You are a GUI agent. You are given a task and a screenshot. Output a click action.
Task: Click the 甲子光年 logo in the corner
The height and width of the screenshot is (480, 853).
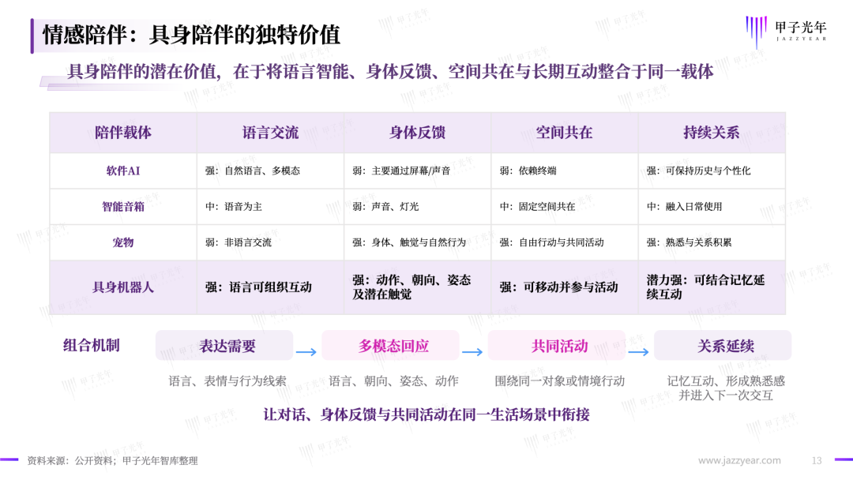pos(786,32)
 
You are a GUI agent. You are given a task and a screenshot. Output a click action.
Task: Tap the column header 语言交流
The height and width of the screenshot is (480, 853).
pos(270,133)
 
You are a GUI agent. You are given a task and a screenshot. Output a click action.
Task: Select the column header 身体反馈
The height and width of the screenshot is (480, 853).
pos(417,133)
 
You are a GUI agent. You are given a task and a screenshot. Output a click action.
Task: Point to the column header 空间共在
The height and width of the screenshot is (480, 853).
pos(564,133)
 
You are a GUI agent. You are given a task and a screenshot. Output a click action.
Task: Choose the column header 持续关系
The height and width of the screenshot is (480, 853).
pos(712,133)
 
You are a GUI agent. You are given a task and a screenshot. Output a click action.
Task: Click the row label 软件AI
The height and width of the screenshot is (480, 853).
pos(123,171)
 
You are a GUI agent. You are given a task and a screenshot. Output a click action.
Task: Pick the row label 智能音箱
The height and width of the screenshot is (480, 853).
pos(123,207)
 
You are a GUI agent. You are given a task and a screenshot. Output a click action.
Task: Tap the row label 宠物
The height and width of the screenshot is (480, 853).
pos(123,242)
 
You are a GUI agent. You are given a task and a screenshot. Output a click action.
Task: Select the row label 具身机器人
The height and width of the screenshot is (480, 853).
pos(123,287)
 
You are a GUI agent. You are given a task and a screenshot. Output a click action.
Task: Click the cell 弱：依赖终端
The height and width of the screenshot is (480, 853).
pos(528,171)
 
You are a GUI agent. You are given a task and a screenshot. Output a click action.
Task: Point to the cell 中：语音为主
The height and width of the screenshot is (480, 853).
pos(233,207)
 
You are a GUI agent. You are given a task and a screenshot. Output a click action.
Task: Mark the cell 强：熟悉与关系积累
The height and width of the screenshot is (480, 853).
pos(690,242)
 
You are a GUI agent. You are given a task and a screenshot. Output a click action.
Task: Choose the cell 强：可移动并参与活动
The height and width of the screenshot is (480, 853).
pos(558,287)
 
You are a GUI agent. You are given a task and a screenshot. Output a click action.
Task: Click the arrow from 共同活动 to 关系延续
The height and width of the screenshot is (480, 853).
pos(639,352)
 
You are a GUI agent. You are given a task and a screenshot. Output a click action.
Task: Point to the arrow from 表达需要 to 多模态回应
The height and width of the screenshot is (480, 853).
pos(306,352)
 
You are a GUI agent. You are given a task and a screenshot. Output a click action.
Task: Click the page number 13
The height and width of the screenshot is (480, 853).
pos(817,460)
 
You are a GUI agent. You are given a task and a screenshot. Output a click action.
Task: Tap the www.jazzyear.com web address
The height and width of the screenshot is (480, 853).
pos(739,460)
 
